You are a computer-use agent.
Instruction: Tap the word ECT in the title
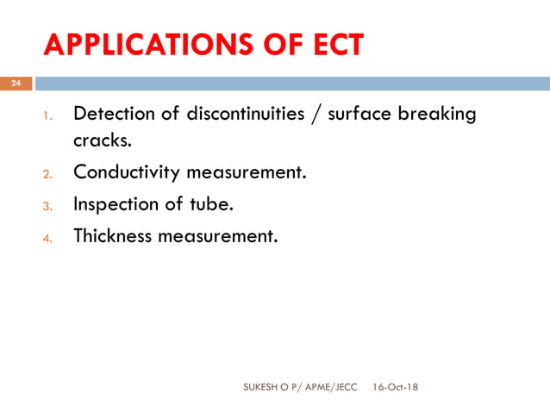click(x=330, y=45)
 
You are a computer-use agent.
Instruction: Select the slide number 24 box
click(x=16, y=84)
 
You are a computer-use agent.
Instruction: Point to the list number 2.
click(x=48, y=174)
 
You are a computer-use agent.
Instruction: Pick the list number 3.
click(x=48, y=206)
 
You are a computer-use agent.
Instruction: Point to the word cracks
click(x=103, y=141)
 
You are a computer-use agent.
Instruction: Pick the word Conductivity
click(x=127, y=172)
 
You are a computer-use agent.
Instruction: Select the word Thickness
click(x=112, y=235)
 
